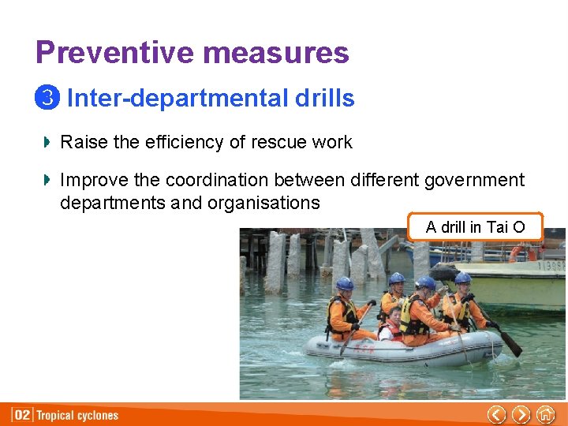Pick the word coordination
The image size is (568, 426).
click(233, 181)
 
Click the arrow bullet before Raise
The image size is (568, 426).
click(47, 142)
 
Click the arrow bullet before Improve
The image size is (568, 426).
click(47, 181)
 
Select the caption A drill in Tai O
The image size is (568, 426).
click(475, 227)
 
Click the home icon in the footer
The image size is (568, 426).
click(545, 414)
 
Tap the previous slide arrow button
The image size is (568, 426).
click(496, 414)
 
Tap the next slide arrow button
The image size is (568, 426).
click(521, 414)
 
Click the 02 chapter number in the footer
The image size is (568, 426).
click(23, 415)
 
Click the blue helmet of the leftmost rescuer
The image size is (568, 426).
click(345, 283)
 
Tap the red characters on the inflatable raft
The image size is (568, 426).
click(365, 347)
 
